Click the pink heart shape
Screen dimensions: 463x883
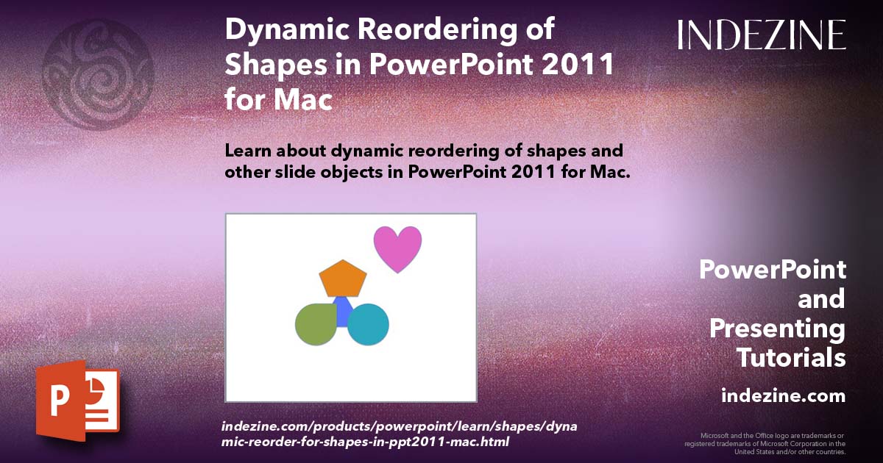(x=397, y=247)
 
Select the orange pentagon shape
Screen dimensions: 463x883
(x=343, y=279)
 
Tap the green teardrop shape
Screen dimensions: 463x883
(x=316, y=323)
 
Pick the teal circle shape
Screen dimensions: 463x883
(x=368, y=324)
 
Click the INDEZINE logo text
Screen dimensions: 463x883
(x=762, y=35)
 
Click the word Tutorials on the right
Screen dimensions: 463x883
(x=791, y=358)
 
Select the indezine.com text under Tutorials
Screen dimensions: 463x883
(x=783, y=396)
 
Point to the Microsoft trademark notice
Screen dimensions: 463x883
(x=765, y=444)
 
